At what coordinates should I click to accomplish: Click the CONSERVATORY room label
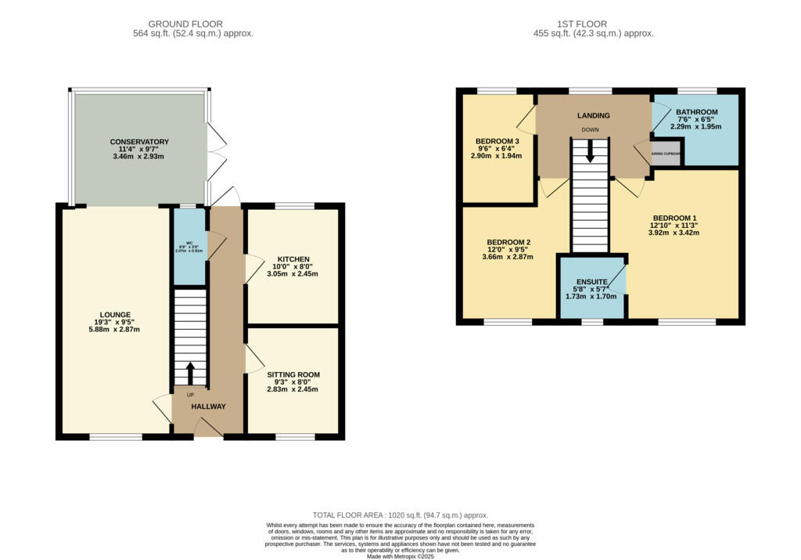[139, 142]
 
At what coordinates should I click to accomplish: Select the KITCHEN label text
[293, 259]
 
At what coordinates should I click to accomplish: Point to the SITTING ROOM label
[293, 375]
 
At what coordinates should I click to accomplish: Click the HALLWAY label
[209, 406]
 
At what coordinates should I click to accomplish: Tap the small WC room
[189, 247]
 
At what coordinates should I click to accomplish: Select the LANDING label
[593, 116]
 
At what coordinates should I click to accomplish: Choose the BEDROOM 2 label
[508, 242]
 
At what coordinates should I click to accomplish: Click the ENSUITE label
[591, 281]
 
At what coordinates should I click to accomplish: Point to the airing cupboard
[666, 153]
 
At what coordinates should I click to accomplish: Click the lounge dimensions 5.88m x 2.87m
[115, 330]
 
